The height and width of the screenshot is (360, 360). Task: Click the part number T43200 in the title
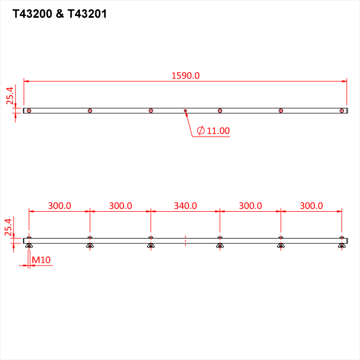click(32, 14)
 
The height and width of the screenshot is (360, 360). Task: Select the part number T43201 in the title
click(87, 14)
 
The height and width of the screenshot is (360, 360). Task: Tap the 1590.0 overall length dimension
click(185, 76)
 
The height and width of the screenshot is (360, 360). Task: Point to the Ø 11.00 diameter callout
click(213, 131)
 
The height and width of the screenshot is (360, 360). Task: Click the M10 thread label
click(41, 260)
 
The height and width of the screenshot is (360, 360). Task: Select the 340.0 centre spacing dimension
click(185, 206)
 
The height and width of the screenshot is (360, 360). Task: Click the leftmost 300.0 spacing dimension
click(60, 206)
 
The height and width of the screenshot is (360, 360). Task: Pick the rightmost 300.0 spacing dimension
click(311, 206)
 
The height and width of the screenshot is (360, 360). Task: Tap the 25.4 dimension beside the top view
click(10, 96)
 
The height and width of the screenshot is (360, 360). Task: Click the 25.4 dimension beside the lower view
click(8, 227)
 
